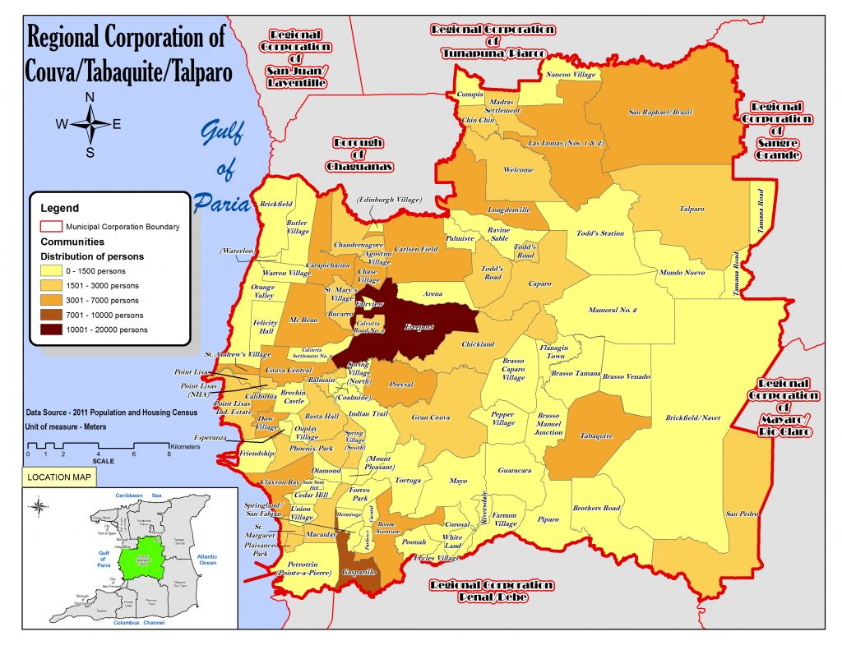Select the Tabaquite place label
tap(594, 436)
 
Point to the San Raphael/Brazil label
tap(659, 112)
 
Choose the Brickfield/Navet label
tap(692, 418)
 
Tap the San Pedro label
tap(741, 514)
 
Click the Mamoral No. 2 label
tap(613, 311)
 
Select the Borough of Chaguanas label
tap(358, 154)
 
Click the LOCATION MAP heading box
tap(58, 477)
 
